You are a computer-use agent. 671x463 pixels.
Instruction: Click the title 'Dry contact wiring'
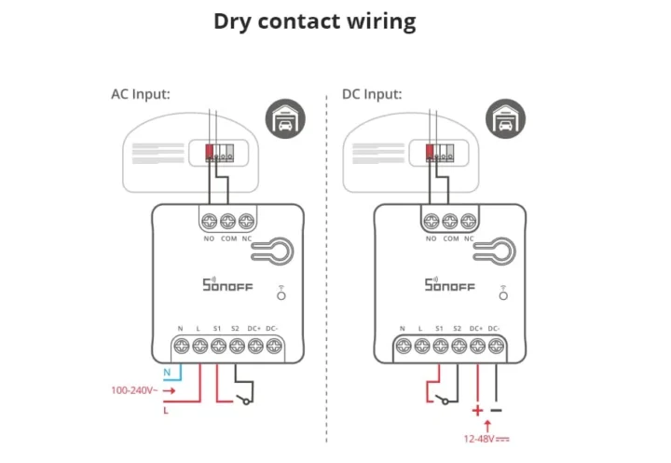(315, 21)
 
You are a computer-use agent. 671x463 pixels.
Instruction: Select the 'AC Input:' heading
(141, 94)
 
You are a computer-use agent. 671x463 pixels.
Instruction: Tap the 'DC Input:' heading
(372, 94)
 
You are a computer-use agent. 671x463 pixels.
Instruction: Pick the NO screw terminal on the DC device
(431, 222)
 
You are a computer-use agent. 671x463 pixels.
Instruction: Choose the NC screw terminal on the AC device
(246, 222)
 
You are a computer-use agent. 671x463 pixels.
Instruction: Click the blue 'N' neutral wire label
(167, 372)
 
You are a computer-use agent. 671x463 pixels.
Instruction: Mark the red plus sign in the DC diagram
(478, 409)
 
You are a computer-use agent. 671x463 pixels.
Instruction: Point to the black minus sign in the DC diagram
(496, 409)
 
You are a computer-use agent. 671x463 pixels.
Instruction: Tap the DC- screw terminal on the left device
(272, 347)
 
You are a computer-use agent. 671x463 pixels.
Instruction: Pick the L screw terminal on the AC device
(199, 347)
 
